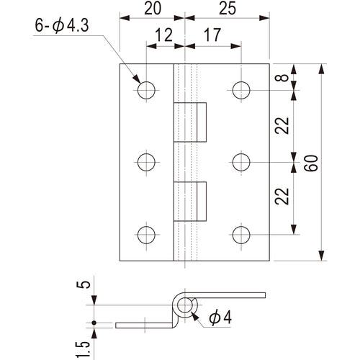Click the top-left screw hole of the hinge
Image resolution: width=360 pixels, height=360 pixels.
146,89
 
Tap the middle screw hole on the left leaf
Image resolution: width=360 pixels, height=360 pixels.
146,162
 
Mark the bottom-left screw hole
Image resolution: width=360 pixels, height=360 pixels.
146,235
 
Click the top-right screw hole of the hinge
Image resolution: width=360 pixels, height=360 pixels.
242,89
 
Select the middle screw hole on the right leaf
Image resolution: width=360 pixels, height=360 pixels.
242,162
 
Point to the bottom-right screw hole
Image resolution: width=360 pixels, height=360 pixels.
242,235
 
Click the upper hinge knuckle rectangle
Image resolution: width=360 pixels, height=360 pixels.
189,122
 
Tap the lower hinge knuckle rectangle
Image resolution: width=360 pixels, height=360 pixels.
189,201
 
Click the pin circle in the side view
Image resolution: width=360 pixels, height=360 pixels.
187,305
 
